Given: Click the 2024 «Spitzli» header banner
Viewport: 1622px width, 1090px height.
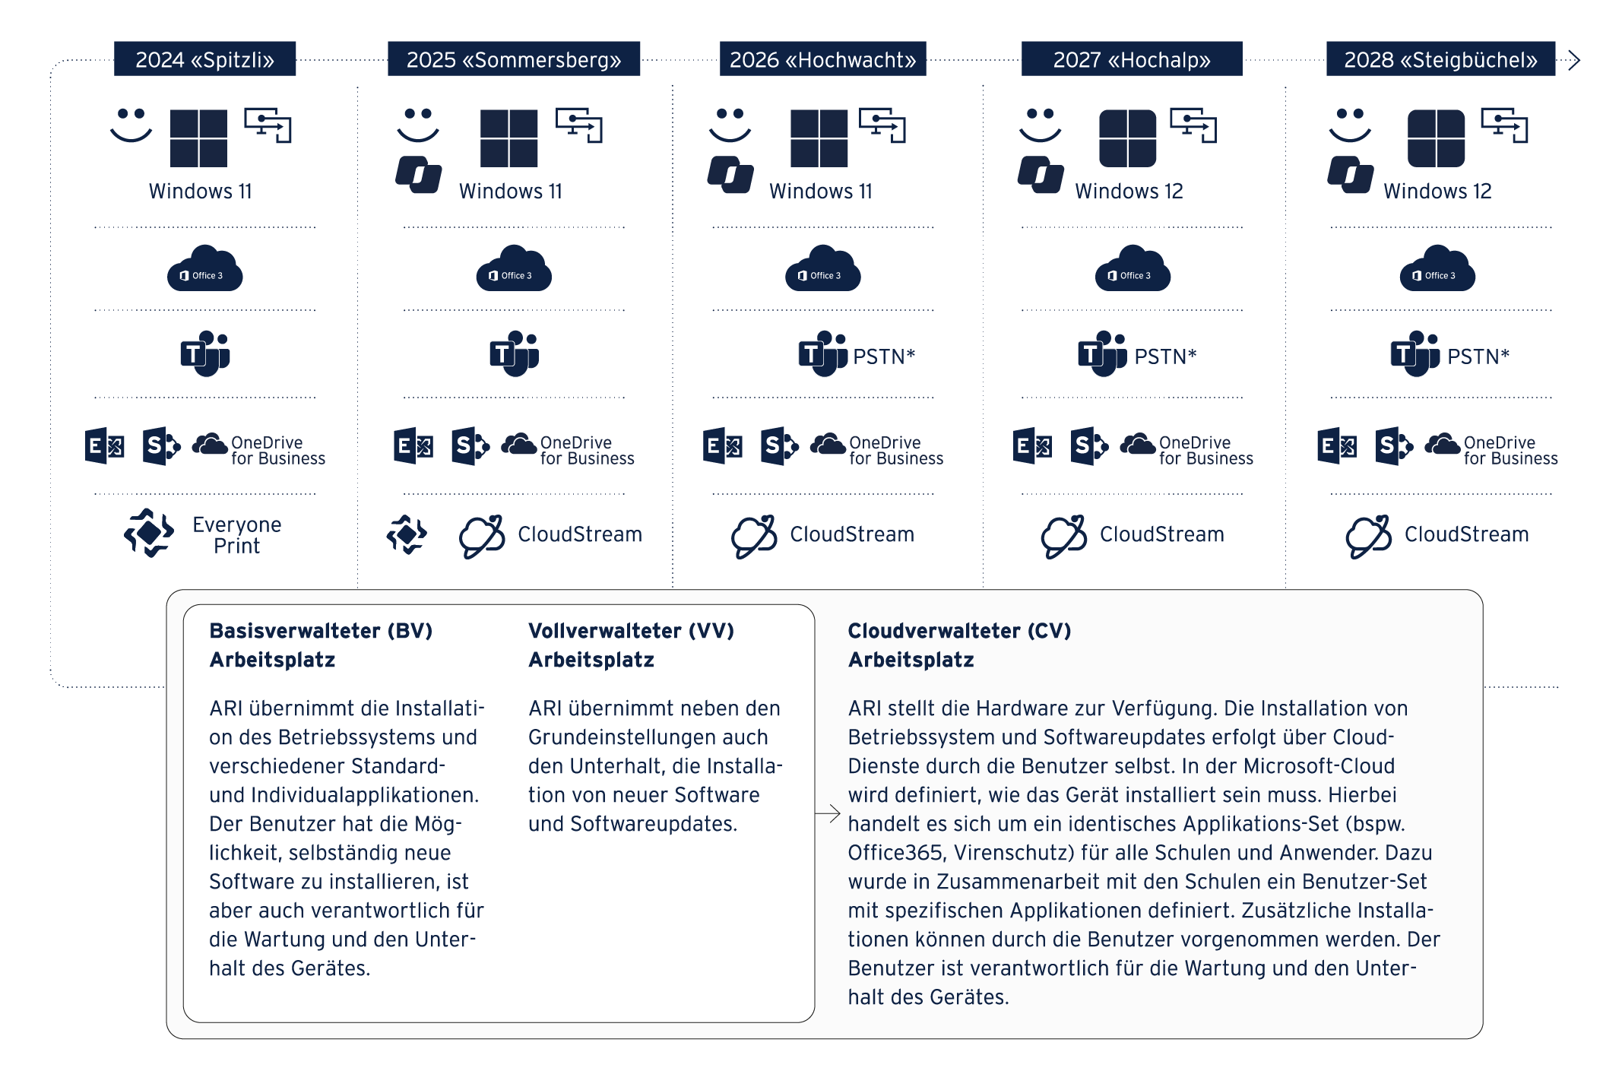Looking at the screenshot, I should (x=204, y=59).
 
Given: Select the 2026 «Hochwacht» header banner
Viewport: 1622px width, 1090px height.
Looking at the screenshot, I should (x=822, y=59).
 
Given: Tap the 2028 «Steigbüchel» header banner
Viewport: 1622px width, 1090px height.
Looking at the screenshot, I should (x=1440, y=59).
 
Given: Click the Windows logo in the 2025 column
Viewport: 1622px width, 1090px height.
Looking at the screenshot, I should (x=508, y=138).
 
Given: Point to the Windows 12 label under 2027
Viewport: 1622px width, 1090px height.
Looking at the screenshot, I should (x=1129, y=192).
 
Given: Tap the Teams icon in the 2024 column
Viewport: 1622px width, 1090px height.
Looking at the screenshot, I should (x=205, y=353).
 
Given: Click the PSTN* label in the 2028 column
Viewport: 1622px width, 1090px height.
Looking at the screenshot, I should (x=1478, y=356).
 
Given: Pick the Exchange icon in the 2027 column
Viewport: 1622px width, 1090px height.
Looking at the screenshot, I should (x=1032, y=446).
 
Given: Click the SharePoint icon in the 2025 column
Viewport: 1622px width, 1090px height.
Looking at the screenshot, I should (x=470, y=446).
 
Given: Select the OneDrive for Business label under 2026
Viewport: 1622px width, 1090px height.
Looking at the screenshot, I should (x=895, y=450).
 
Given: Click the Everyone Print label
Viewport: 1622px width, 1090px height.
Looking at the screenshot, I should (x=236, y=535).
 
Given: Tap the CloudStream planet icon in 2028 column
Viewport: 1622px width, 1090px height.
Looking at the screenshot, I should (x=1368, y=536).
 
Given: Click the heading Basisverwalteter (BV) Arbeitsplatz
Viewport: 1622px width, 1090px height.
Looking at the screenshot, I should (x=321, y=645).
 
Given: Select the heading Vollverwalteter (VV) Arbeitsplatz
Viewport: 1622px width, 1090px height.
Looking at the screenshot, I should (x=631, y=645).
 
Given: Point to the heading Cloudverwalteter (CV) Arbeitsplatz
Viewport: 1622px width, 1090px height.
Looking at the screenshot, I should (x=959, y=645).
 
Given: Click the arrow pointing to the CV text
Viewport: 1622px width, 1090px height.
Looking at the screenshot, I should (x=828, y=813).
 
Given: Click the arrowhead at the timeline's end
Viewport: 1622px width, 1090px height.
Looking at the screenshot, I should (x=1573, y=60).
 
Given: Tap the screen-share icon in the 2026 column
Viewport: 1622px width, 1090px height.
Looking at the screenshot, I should (x=882, y=125).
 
